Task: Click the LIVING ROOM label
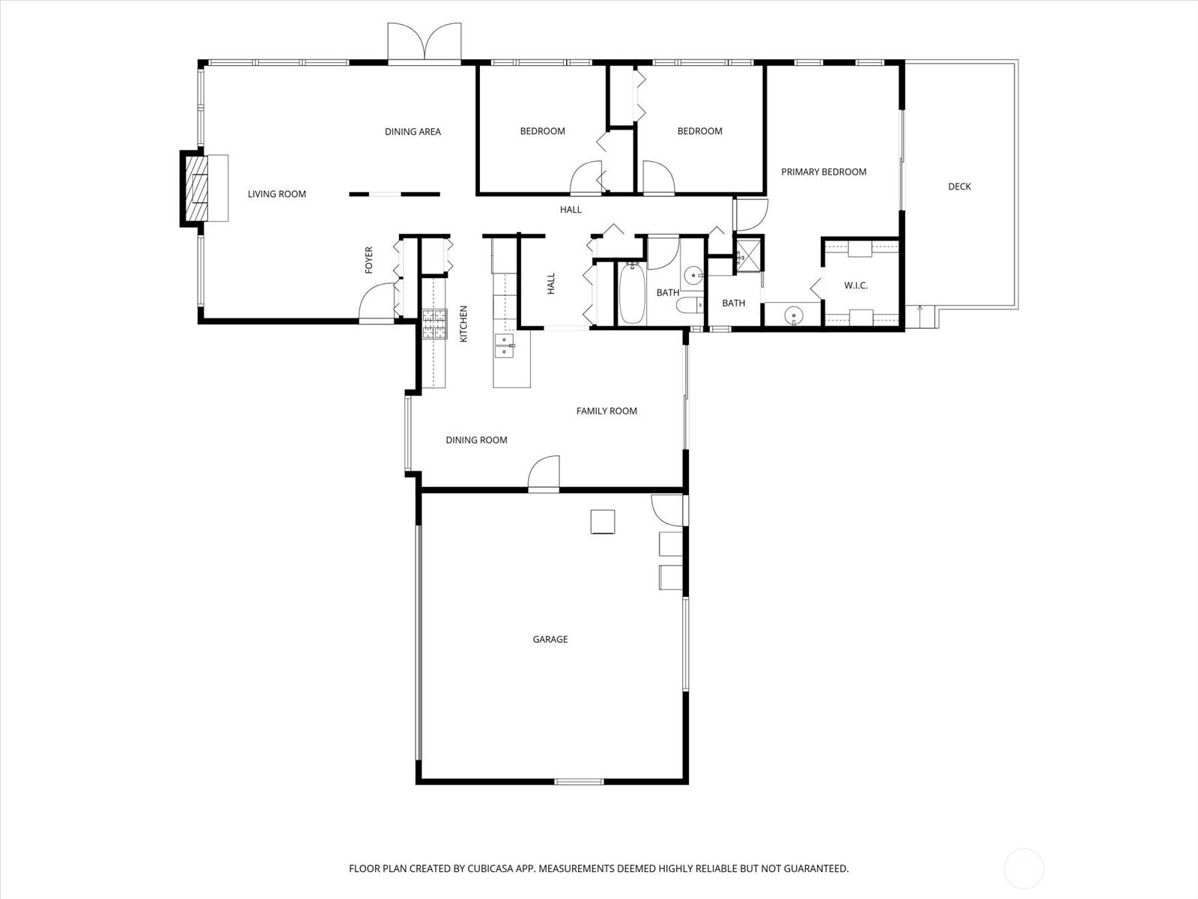tap(277, 194)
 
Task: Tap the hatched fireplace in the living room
tap(196, 188)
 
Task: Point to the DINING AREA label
tap(413, 132)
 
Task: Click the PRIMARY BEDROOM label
tap(824, 172)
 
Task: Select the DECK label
tap(959, 187)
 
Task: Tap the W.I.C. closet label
tap(856, 285)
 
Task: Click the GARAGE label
tap(550, 639)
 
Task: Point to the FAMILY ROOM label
tap(607, 411)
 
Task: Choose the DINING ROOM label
tap(476, 440)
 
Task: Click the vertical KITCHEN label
tap(463, 324)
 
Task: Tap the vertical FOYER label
tap(369, 260)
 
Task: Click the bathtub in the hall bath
tap(633, 293)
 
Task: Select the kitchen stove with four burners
tap(434, 324)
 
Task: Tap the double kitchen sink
tap(505, 345)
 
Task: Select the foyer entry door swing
tap(377, 303)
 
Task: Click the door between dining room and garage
tap(544, 473)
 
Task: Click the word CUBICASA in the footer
tap(490, 868)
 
